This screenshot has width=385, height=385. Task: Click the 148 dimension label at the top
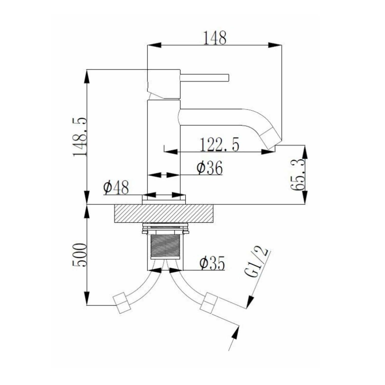click(215, 38)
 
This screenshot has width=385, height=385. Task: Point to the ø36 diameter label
click(209, 168)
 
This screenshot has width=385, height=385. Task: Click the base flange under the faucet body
click(164, 200)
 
